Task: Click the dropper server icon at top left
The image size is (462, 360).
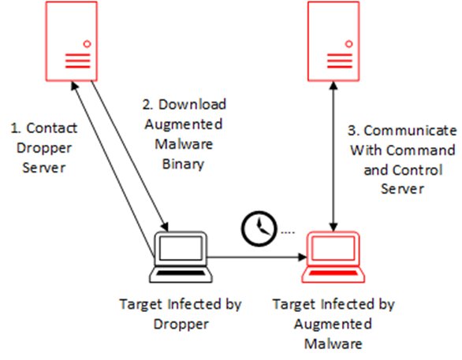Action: click(71, 41)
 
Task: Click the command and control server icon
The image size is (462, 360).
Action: click(333, 41)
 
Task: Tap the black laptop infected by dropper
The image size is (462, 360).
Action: click(181, 258)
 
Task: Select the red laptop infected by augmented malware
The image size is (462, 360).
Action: click(333, 258)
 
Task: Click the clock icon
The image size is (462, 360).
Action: click(259, 228)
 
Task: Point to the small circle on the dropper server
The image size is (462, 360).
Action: click(87, 44)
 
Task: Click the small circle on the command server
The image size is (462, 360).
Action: click(348, 44)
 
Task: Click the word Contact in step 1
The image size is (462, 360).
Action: click(52, 128)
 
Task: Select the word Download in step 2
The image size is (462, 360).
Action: click(192, 105)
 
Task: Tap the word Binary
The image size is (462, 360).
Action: click(183, 165)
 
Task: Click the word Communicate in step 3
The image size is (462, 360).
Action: click(410, 131)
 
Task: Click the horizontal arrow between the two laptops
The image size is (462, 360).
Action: click(257, 258)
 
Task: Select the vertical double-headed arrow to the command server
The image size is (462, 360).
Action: click(333, 157)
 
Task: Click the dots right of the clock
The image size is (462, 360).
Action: click(288, 232)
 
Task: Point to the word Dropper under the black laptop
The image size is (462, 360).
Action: click(181, 325)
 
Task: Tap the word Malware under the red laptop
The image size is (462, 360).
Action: click(333, 343)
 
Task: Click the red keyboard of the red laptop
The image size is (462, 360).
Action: click(333, 273)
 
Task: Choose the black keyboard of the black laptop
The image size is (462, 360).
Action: click(181, 273)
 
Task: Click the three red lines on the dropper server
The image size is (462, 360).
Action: click(77, 61)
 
